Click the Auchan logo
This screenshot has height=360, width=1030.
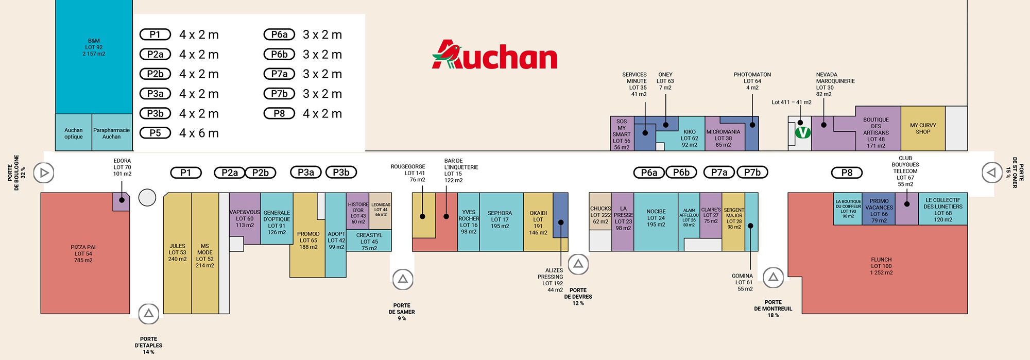(x=494, y=55)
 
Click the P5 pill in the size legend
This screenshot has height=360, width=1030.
(x=155, y=133)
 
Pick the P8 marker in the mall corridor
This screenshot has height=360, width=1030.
(x=847, y=173)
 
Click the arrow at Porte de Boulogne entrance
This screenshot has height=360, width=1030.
(x=44, y=173)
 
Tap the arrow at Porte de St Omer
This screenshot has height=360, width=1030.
(x=991, y=173)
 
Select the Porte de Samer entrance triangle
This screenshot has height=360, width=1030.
(x=403, y=279)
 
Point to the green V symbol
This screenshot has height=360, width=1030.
(x=803, y=132)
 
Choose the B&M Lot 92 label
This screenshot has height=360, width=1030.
(x=94, y=47)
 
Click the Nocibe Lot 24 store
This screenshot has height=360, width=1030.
(x=656, y=222)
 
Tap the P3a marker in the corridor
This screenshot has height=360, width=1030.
(x=306, y=173)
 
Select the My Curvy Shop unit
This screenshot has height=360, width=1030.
(x=923, y=128)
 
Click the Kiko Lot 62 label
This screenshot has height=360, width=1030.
(x=690, y=138)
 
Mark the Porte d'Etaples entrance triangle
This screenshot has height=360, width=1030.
(x=148, y=313)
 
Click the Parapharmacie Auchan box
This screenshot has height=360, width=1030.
(x=112, y=132)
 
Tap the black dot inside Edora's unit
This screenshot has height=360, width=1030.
(x=122, y=200)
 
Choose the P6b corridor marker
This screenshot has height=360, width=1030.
(x=681, y=173)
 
